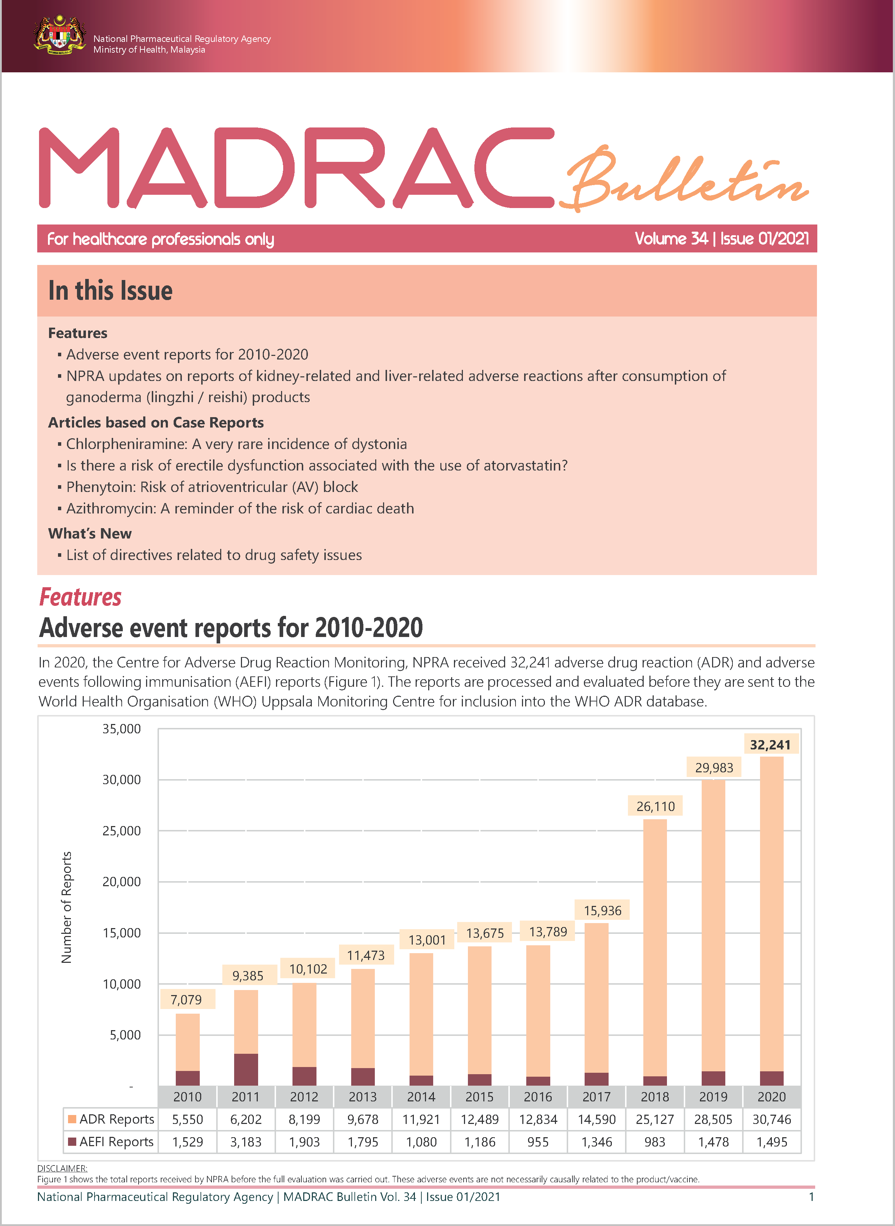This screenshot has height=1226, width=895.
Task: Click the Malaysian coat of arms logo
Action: tap(59, 36)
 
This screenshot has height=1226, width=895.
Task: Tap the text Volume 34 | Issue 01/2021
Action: tap(722, 239)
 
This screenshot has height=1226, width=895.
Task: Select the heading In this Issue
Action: tap(111, 291)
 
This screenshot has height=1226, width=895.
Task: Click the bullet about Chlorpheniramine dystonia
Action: tap(236, 444)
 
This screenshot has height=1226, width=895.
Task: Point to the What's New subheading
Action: tap(90, 534)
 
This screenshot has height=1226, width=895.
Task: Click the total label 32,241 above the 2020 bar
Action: tap(770, 745)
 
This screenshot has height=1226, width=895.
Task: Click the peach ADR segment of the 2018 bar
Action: tap(655, 948)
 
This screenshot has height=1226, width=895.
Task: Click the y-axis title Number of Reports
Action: tap(67, 907)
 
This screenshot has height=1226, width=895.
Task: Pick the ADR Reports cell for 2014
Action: tap(421, 1119)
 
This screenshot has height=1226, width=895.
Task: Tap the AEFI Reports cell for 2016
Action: tap(538, 1142)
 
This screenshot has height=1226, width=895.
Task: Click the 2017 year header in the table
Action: tap(596, 1097)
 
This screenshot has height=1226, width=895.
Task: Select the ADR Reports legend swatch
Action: tap(72, 1119)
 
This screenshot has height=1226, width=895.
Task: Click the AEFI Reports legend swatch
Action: tap(72, 1141)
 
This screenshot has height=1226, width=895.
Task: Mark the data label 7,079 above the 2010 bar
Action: tap(187, 1000)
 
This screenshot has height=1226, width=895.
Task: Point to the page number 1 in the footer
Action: tap(811, 1197)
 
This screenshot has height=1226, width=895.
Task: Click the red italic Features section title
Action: tap(80, 597)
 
